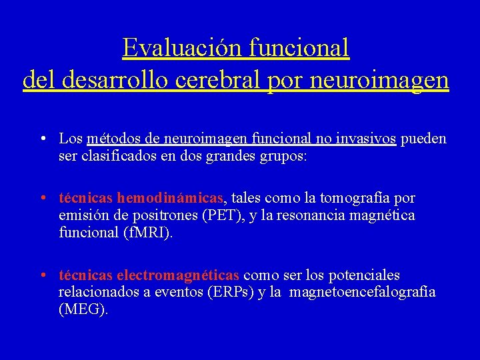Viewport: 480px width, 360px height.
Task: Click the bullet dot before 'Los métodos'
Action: coord(42,139)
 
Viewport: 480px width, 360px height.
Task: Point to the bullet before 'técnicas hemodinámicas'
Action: coord(42,198)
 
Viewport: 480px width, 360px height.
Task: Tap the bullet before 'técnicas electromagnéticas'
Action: coord(42,275)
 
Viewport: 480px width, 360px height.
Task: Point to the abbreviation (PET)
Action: coord(223,216)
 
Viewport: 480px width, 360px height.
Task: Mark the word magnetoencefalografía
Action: coord(363,293)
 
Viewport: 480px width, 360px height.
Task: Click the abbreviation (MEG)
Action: coord(83,310)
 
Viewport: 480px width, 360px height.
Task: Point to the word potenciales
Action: coord(366,275)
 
